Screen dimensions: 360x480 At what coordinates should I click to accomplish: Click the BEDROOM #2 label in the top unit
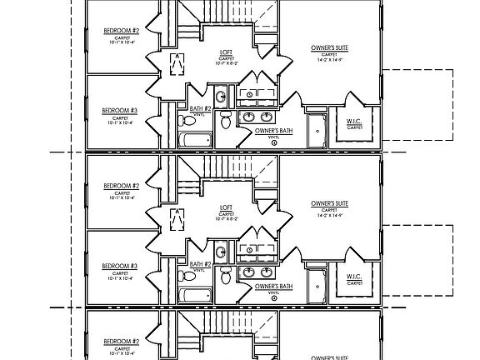pyautogui.click(x=121, y=31)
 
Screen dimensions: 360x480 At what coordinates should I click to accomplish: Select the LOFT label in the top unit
pyautogui.click(x=226, y=52)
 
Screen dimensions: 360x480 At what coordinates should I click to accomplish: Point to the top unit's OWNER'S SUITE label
pyautogui.click(x=329, y=48)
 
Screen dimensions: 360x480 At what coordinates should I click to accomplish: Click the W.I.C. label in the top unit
pyautogui.click(x=354, y=122)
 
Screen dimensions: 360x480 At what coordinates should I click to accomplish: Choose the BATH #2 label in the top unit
pyautogui.click(x=200, y=109)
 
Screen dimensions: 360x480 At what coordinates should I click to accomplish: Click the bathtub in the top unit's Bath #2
pyautogui.click(x=195, y=140)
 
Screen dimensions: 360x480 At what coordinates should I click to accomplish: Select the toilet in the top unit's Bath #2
pyautogui.click(x=225, y=122)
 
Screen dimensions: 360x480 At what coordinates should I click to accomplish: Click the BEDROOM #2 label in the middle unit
pyautogui.click(x=121, y=186)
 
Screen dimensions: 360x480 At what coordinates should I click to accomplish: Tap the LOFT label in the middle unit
pyautogui.click(x=226, y=207)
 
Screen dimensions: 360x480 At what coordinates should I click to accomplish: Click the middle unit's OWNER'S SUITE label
pyautogui.click(x=329, y=203)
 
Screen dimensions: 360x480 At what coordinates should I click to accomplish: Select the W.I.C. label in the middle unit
pyautogui.click(x=354, y=277)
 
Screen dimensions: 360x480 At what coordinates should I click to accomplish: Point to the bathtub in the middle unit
pyautogui.click(x=195, y=295)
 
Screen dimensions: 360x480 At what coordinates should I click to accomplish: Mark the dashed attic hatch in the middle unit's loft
pyautogui.click(x=177, y=218)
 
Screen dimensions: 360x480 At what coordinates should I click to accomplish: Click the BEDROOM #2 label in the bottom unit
pyautogui.click(x=121, y=341)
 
